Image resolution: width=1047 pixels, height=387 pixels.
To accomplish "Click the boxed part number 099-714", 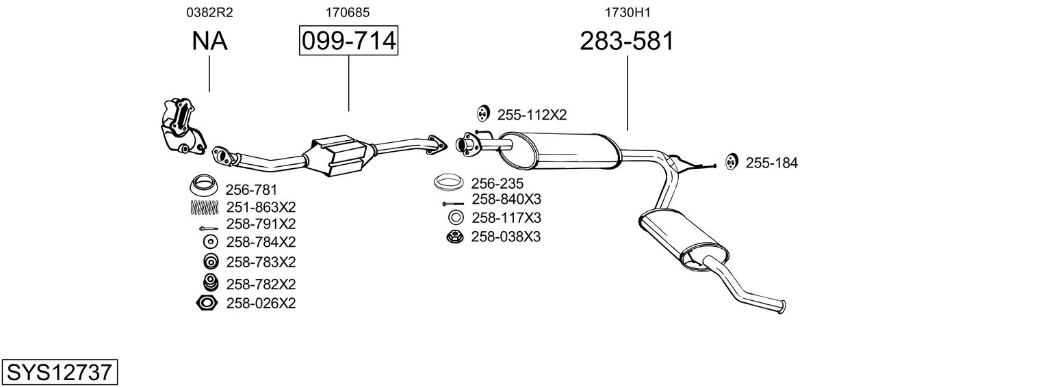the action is coord(349,40).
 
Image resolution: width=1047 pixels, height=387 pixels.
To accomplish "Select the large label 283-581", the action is coord(627,40).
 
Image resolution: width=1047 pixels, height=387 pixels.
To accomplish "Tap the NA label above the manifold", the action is coord(209,40).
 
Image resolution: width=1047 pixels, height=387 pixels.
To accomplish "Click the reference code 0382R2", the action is coord(209,12).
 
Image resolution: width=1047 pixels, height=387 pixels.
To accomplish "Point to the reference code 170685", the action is coord(348,12).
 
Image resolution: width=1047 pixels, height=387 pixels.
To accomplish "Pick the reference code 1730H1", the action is coord(628,12).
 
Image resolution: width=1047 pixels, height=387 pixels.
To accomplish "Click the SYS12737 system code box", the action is coord(60,373).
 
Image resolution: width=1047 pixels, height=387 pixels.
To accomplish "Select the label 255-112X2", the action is coord(532,115).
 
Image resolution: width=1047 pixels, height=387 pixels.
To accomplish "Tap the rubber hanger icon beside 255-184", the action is coord(731,161).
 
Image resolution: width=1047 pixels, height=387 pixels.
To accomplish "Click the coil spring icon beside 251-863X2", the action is coord(205,207).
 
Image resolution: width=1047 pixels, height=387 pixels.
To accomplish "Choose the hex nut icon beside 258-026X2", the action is coord(207,304).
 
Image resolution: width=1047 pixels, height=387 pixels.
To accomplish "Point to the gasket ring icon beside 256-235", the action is coord(449,182).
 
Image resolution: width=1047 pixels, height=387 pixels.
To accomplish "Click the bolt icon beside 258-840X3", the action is coord(452,204).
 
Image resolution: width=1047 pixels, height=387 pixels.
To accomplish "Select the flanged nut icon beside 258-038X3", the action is coord(455,237).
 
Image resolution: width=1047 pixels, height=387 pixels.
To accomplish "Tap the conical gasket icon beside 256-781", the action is coord(204,185).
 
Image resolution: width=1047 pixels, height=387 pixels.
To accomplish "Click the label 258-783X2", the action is coord(261,263).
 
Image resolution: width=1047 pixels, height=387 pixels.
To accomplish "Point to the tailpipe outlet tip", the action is coord(783,306).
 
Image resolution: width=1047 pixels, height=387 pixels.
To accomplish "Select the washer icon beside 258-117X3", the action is coord(456,217).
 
